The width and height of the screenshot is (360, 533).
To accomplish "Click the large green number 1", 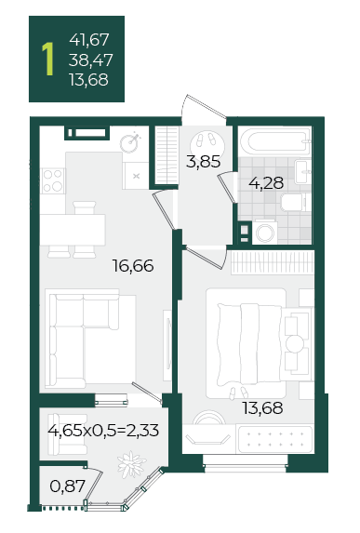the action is (x=48, y=59).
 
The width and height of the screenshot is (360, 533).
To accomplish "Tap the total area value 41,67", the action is (x=89, y=40).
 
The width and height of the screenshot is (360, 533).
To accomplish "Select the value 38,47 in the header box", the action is (x=90, y=60).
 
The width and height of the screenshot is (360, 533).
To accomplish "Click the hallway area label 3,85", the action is (x=204, y=162).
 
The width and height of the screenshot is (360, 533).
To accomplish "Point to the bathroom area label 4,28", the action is (x=266, y=183).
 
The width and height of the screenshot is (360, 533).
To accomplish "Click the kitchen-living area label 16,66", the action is (x=133, y=266).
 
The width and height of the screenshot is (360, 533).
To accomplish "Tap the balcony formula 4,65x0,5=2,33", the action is (x=103, y=431).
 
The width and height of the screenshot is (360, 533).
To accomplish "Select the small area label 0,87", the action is (x=67, y=486).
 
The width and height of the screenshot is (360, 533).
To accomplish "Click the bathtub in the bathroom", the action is (x=274, y=140).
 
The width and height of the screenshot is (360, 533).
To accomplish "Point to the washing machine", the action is (x=265, y=233).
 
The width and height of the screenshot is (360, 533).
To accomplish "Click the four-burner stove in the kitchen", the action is (x=53, y=180).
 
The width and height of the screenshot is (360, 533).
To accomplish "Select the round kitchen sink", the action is (x=129, y=142).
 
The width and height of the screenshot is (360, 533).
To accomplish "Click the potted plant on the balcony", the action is (x=131, y=464).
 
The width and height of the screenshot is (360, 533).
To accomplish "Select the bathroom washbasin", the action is (x=302, y=172).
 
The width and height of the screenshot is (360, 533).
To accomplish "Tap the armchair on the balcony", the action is (x=67, y=434).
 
